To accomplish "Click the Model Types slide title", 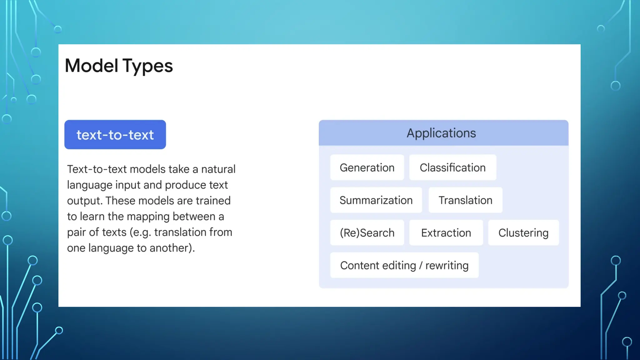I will (119, 66).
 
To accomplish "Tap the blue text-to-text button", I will (115, 135).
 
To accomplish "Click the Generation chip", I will (367, 168).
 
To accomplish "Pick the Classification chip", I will (452, 168).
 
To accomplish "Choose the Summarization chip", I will (376, 200).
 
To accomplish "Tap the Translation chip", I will (465, 200).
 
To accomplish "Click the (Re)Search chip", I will (367, 233).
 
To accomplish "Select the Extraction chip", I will (446, 233).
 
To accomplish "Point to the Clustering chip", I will (523, 233).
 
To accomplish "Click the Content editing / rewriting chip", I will (404, 265).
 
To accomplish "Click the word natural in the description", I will (218, 169).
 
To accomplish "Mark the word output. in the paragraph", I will (85, 201).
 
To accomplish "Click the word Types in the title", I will (147, 66).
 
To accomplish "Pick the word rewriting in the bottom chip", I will (447, 265).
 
